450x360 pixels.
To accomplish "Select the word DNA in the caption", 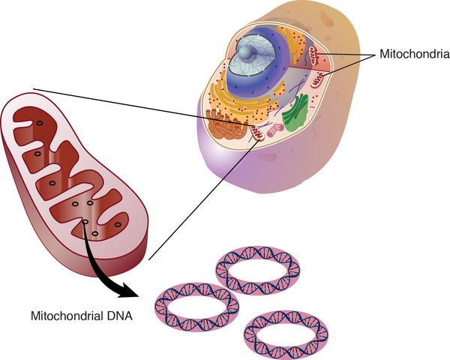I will tap(120, 315).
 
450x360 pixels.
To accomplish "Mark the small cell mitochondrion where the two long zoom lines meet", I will tap(256, 133).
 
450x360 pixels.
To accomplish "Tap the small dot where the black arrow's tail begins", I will tap(85, 221).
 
